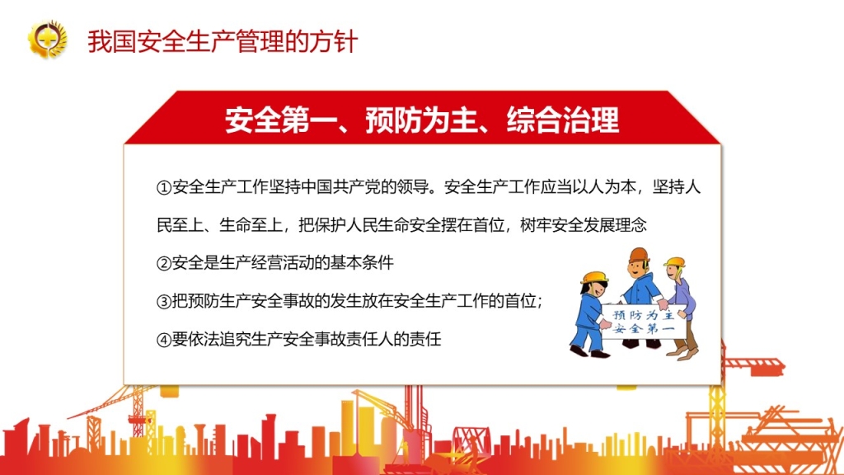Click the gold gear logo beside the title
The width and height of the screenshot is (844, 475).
click(x=47, y=39)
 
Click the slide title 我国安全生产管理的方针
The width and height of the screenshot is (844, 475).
click(x=223, y=42)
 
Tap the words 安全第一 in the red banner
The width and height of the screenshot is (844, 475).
click(x=268, y=120)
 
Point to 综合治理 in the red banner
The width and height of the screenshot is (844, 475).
click(x=563, y=120)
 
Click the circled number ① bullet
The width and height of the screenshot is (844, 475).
click(x=164, y=187)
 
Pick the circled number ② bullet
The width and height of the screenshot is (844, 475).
click(x=164, y=263)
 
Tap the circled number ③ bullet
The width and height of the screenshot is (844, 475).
click(x=164, y=302)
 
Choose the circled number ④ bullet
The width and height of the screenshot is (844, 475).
click(x=164, y=340)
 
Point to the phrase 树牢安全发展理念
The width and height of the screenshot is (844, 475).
click(x=584, y=224)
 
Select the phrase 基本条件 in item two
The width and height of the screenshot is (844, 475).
click(x=362, y=263)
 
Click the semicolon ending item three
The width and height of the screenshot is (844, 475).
click(x=539, y=303)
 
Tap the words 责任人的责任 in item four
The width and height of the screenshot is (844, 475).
click(x=394, y=339)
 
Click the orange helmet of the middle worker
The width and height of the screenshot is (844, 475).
click(x=639, y=255)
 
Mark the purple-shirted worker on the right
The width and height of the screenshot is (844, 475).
click(x=680, y=307)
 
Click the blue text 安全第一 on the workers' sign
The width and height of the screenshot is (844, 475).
click(x=644, y=328)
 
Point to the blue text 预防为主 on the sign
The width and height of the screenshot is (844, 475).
click(x=644, y=315)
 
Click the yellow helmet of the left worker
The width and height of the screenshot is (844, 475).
click(x=595, y=277)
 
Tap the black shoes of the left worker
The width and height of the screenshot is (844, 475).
click(x=589, y=351)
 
